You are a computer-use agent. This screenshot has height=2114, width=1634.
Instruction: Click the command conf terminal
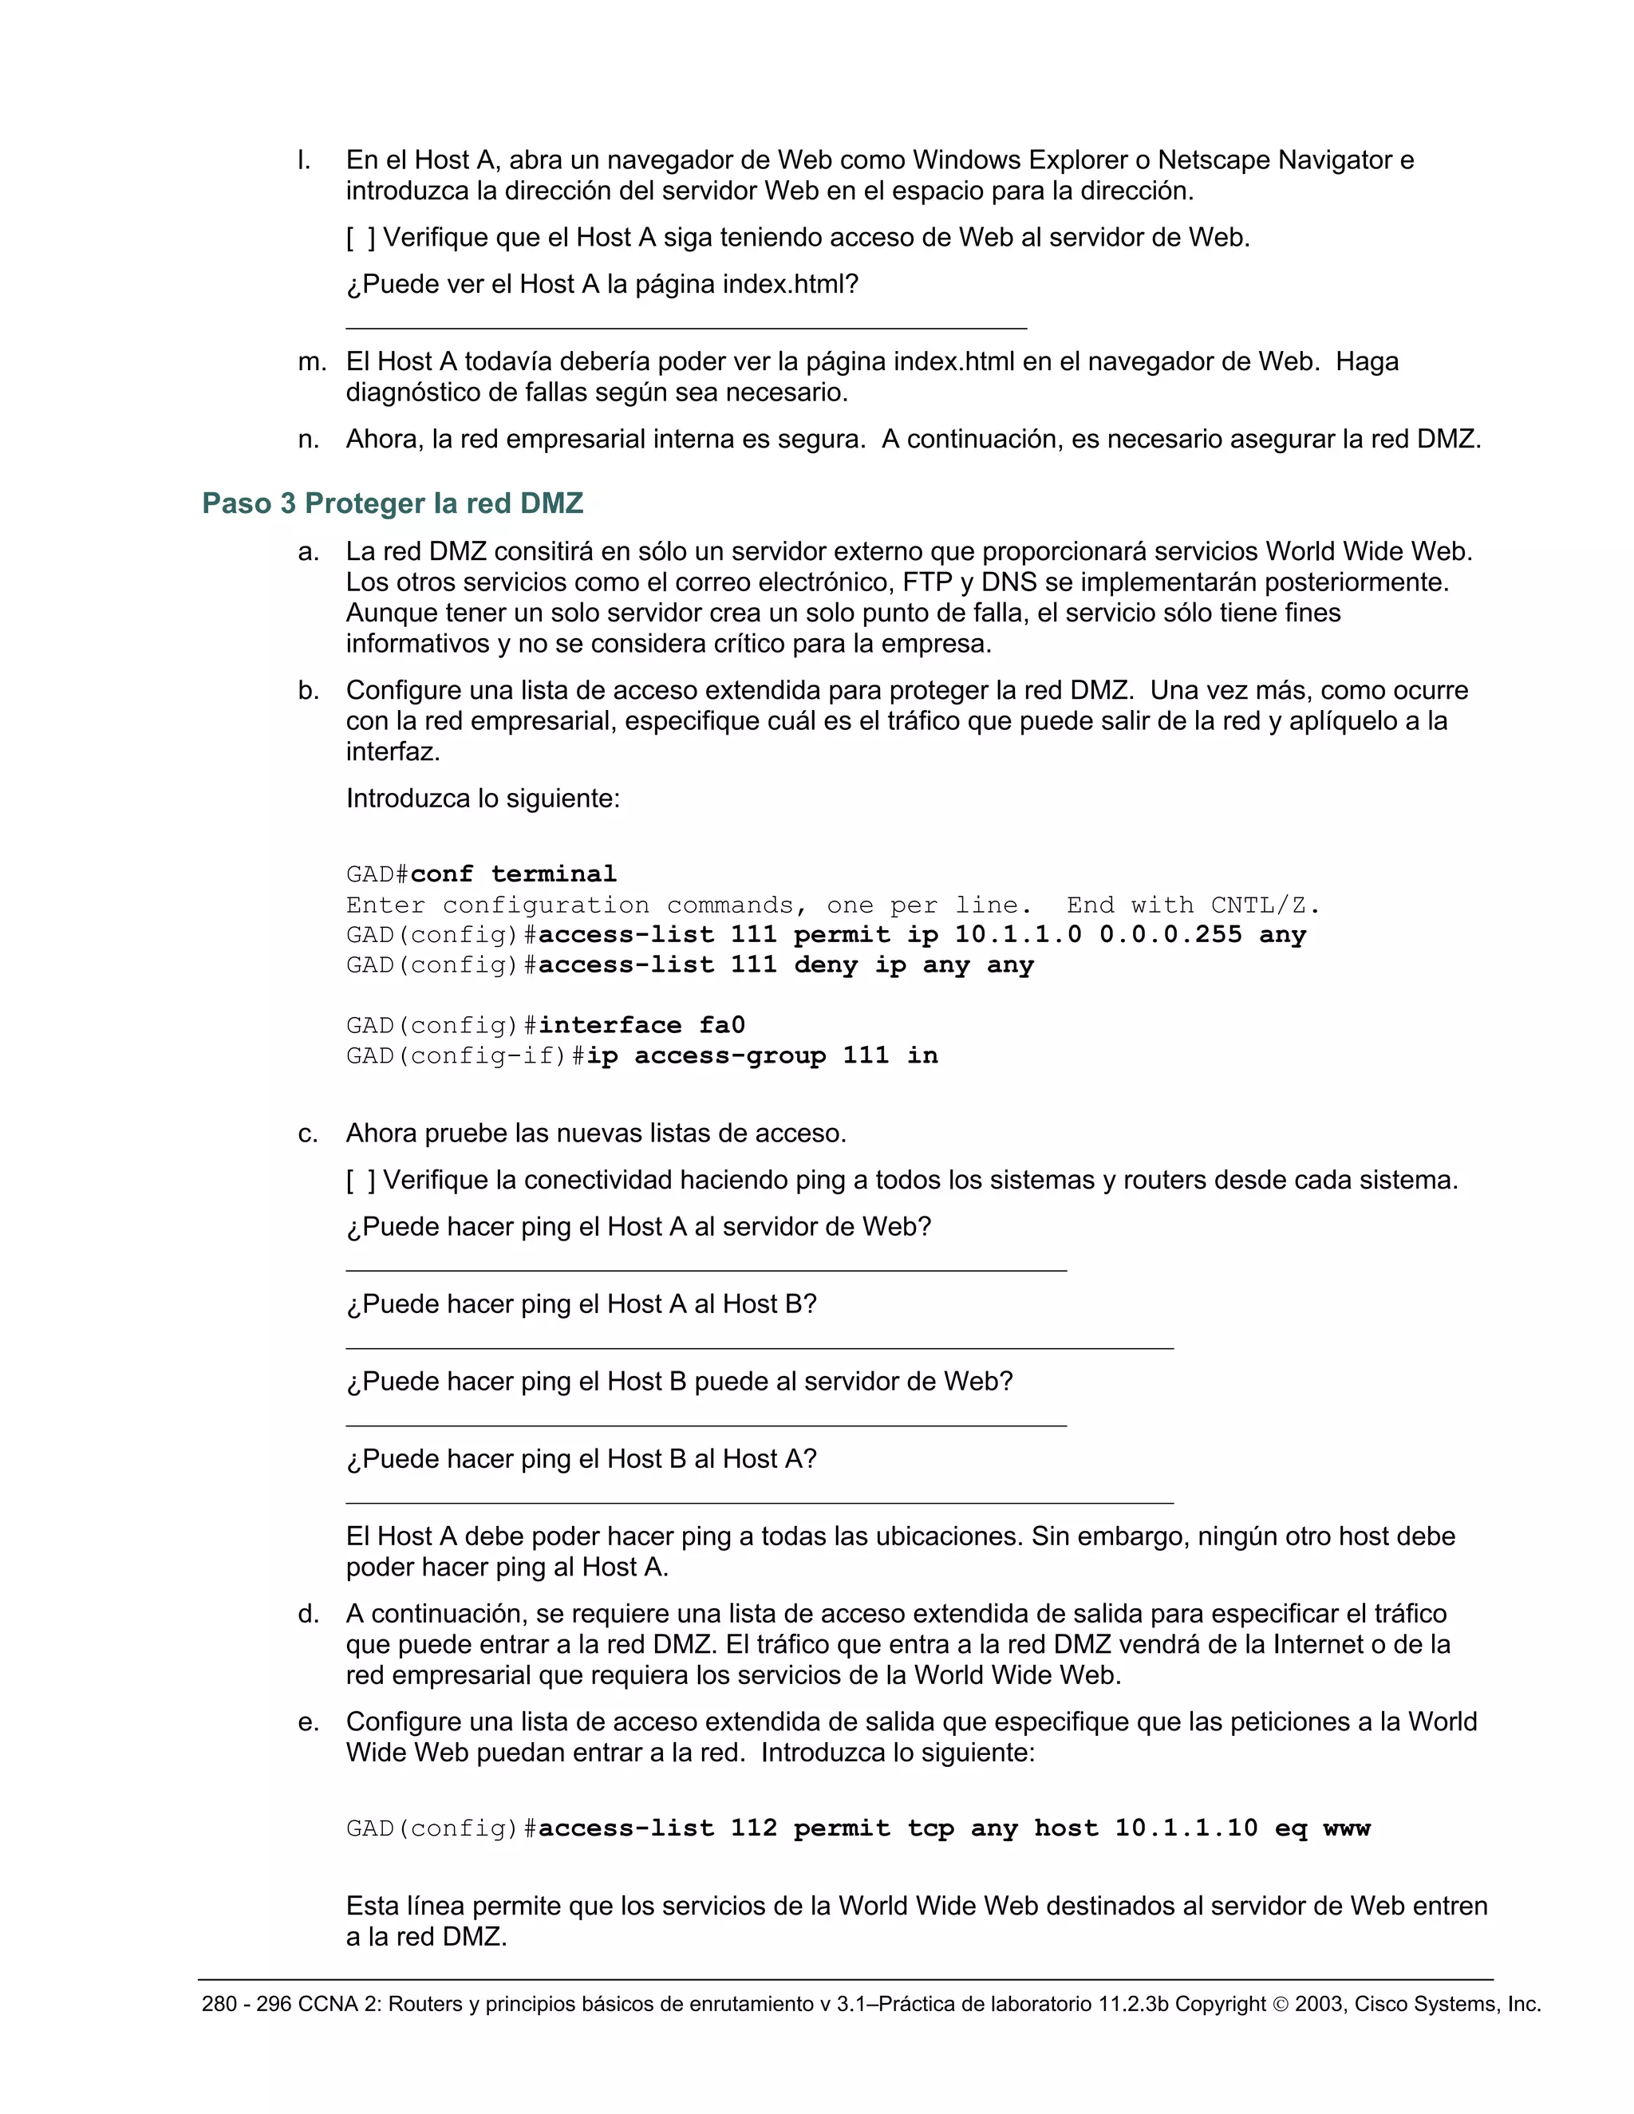point(513,874)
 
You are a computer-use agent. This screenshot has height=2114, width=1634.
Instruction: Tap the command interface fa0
point(641,1025)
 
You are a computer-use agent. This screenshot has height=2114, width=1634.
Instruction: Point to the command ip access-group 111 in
point(762,1055)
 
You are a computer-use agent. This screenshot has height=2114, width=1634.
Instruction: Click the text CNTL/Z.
point(1265,905)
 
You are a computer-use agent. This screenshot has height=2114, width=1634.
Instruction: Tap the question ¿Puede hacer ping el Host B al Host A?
point(581,1459)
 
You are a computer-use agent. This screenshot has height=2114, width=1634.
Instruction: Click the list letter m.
point(312,362)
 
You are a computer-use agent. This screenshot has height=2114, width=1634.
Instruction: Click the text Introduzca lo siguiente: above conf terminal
point(482,799)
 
